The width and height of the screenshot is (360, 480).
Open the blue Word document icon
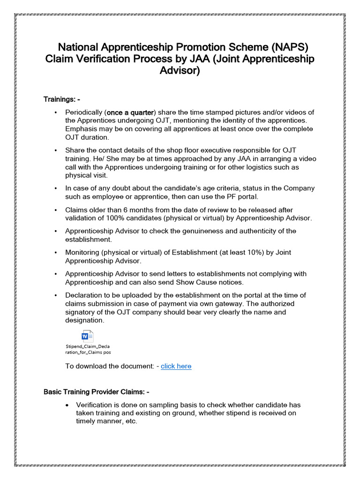[88, 337]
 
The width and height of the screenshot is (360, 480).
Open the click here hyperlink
[176, 366]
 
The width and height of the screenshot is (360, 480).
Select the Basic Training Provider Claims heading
[97, 392]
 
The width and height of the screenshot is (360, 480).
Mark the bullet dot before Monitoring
[56, 253]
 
